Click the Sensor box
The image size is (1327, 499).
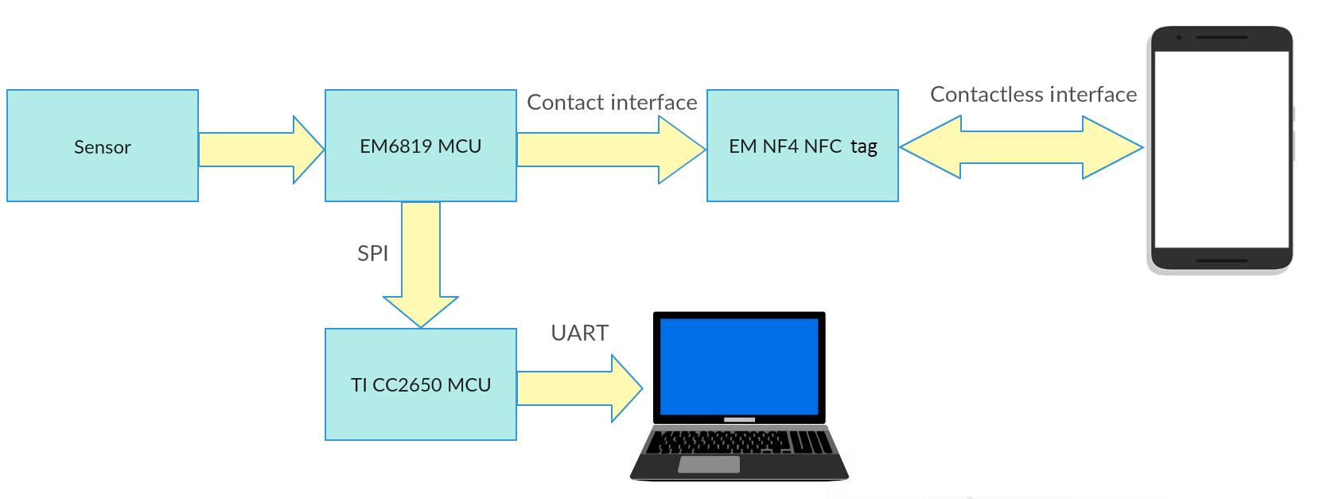tap(103, 146)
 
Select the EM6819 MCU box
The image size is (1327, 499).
tap(421, 146)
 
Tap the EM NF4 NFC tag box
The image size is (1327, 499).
tap(803, 146)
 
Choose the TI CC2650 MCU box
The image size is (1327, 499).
tap(421, 384)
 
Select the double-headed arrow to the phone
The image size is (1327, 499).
tap(1022, 147)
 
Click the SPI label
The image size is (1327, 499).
tap(372, 253)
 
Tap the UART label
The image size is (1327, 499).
tap(579, 333)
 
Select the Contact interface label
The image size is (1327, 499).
tap(612, 102)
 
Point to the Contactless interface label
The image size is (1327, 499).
tap(1033, 94)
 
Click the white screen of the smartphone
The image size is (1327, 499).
tap(1221, 150)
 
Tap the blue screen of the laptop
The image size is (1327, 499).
tap(739, 366)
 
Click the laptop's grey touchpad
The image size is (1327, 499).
tap(709, 464)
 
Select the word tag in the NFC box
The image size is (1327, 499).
tap(864, 147)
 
